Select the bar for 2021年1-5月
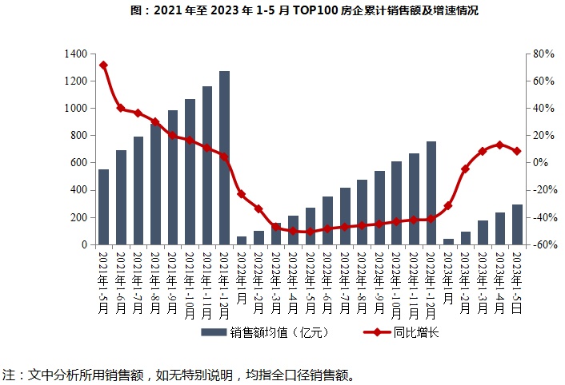(x=104, y=207)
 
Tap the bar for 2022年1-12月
(x=431, y=192)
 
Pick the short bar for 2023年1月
(x=448, y=241)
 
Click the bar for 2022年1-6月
(x=328, y=220)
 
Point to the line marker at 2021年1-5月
(x=104, y=65)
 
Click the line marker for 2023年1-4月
(x=500, y=145)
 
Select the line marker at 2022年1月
(x=242, y=193)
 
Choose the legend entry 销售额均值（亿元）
(x=264, y=332)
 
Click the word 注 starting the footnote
(x=9, y=374)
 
